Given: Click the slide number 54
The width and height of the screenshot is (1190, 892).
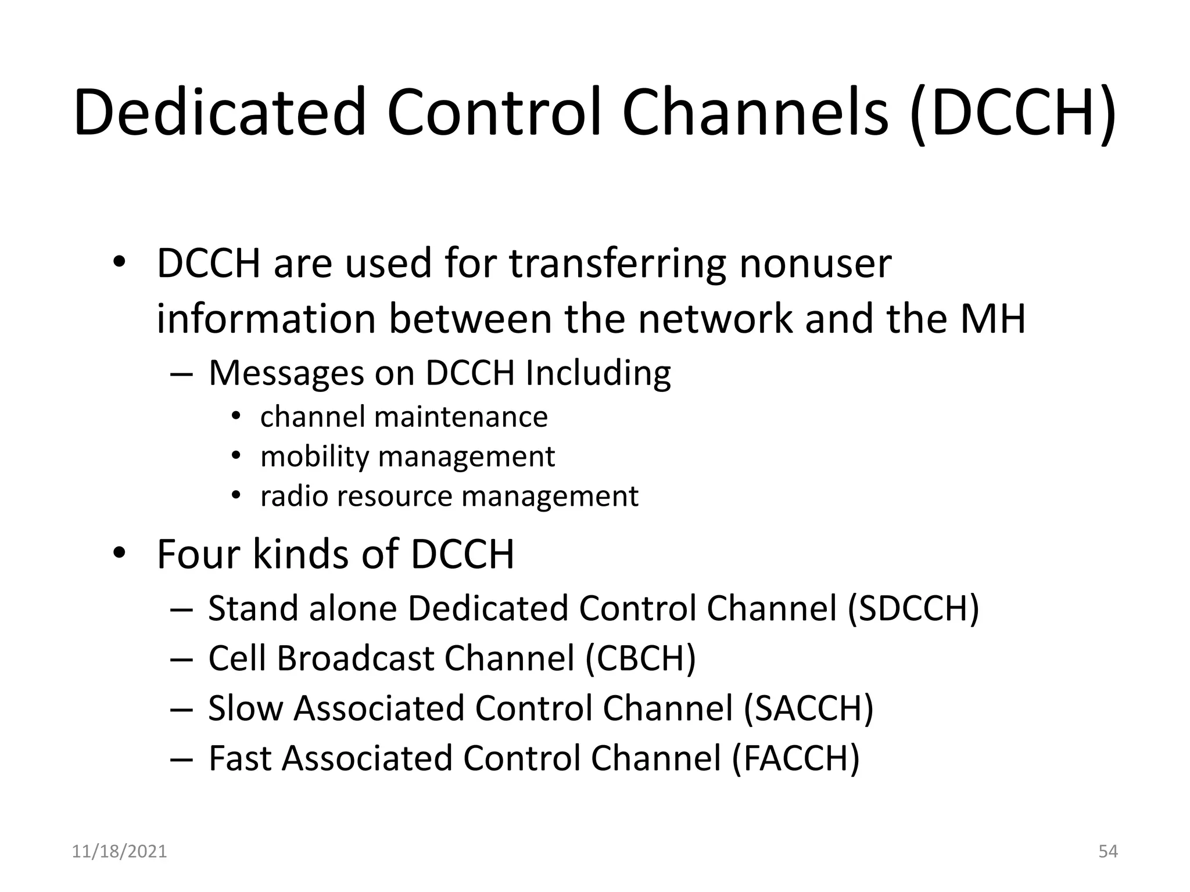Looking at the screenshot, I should click(1108, 851).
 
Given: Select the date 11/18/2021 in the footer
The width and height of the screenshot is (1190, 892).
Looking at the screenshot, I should click(119, 851).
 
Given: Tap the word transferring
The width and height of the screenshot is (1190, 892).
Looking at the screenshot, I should click(617, 263).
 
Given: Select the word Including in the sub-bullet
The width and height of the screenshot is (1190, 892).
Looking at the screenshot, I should click(598, 373).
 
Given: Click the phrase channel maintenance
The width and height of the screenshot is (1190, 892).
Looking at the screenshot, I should click(404, 417).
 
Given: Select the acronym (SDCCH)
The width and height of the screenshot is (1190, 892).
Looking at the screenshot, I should click(913, 609).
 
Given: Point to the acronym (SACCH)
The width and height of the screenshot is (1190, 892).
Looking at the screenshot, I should click(809, 708).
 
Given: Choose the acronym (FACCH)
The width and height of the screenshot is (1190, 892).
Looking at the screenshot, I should click(795, 758).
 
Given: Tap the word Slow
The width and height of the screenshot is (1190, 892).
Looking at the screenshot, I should click(245, 708).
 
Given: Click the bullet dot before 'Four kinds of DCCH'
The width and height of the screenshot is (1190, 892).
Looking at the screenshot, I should click(119, 553).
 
